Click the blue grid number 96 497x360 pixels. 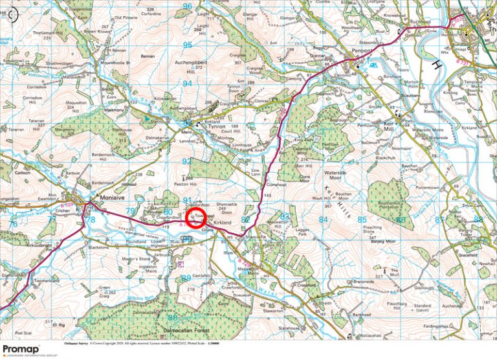[188, 6]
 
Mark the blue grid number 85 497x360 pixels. [361, 220]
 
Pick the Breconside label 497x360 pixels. [366, 282]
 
